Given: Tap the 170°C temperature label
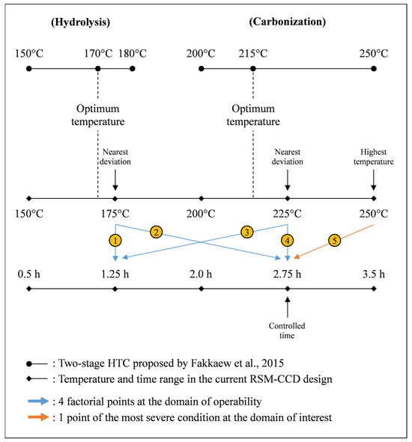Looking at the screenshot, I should pyautogui.click(x=98, y=54).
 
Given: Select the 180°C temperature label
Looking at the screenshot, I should pyautogui.click(x=133, y=54).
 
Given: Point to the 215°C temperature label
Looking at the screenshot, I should pyautogui.click(x=252, y=54).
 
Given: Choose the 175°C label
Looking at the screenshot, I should pyautogui.click(x=115, y=212).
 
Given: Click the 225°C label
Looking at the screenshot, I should pyautogui.click(x=287, y=212).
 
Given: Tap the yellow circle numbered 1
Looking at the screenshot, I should pyautogui.click(x=115, y=240).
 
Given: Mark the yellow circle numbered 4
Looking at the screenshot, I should pyautogui.click(x=287, y=240).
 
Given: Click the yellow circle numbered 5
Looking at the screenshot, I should pyautogui.click(x=335, y=240).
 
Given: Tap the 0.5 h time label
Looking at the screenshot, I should pyautogui.click(x=28, y=273).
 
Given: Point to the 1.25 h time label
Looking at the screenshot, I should pyautogui.click(x=115, y=273).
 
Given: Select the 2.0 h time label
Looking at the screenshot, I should pyautogui.click(x=201, y=273).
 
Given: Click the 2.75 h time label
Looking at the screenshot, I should pyautogui.click(x=287, y=273).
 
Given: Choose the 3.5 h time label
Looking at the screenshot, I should pyautogui.click(x=373, y=273).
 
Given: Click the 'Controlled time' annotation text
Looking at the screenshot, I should pyautogui.click(x=287, y=330).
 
